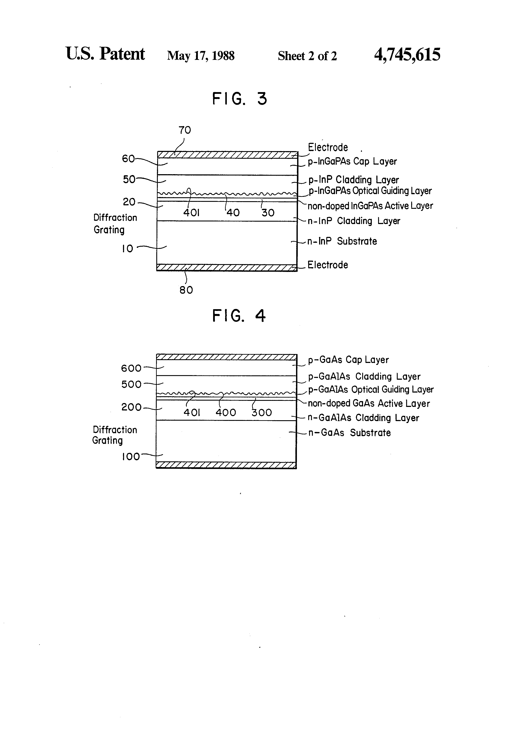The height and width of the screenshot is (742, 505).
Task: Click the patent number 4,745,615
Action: pyautogui.click(x=407, y=55)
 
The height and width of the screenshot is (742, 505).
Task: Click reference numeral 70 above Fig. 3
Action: pyautogui.click(x=185, y=130)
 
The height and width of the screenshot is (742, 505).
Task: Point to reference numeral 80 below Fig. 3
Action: pyautogui.click(x=186, y=290)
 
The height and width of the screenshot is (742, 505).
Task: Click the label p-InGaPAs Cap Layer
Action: pyautogui.click(x=352, y=161)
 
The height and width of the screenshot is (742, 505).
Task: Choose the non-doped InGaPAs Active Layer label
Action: pyautogui.click(x=370, y=206)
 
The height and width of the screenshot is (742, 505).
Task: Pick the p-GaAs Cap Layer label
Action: pyautogui.click(x=348, y=360)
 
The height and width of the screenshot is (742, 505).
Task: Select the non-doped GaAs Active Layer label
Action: pyautogui.click(x=369, y=404)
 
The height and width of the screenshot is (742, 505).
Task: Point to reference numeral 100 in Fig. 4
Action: pyautogui.click(x=131, y=457)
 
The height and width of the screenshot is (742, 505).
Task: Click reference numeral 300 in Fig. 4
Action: pyautogui.click(x=261, y=413)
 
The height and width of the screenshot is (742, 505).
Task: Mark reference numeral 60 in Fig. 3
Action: pyautogui.click(x=128, y=159)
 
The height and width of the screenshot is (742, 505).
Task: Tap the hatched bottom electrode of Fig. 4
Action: pyautogui.click(x=226, y=465)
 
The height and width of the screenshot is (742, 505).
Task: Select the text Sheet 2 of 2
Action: pyautogui.click(x=307, y=56)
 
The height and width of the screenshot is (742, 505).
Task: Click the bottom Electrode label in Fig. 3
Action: pyautogui.click(x=328, y=265)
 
